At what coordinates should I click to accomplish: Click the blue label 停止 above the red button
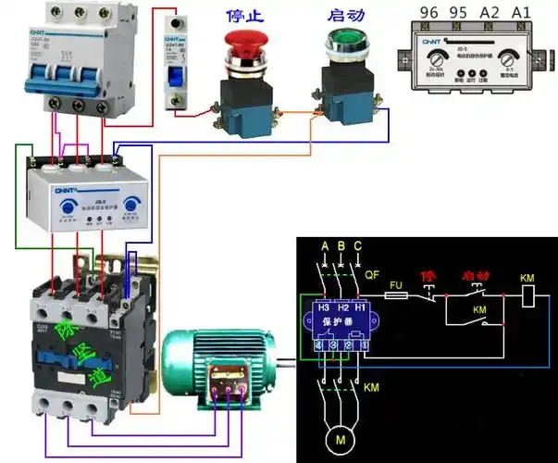[244, 16]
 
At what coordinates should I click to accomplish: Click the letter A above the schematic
[324, 245]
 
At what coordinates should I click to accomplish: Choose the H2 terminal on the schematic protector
[341, 307]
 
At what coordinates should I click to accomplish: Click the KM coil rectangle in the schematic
[527, 296]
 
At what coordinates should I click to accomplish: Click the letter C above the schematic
[358, 245]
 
